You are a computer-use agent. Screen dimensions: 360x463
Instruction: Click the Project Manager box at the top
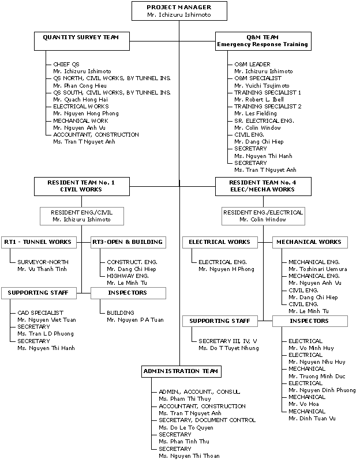[179, 11]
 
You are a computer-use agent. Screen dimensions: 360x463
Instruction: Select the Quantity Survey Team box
[82, 41]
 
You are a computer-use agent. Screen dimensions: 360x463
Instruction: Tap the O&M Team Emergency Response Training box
[263, 41]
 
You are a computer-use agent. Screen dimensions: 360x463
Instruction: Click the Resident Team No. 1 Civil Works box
[82, 186]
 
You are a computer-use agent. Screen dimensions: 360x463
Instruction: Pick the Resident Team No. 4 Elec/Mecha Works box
[263, 186]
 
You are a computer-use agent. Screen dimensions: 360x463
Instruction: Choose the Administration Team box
[181, 371]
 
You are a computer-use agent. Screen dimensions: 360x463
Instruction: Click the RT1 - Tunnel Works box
[39, 242]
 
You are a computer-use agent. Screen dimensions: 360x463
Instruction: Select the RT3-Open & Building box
[128, 242]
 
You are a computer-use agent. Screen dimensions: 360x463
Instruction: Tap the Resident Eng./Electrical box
[263, 216]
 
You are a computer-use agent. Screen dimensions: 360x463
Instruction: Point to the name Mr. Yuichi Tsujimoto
[262, 86]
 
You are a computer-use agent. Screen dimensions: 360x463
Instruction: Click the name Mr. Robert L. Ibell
[259, 100]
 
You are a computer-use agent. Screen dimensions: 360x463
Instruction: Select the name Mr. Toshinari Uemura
[318, 269]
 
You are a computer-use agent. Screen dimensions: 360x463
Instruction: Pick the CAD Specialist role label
[40, 313]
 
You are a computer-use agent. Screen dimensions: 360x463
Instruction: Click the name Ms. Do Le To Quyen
[186, 428]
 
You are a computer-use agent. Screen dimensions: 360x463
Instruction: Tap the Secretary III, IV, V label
[227, 341]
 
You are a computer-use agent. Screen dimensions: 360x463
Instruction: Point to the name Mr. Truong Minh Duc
[317, 376]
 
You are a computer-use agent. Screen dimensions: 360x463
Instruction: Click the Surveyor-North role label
[43, 262]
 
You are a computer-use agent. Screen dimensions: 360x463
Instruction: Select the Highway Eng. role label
[127, 276]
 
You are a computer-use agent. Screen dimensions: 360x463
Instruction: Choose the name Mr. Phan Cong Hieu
[80, 86]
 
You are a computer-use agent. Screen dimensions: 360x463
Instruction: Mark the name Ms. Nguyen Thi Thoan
[189, 456]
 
